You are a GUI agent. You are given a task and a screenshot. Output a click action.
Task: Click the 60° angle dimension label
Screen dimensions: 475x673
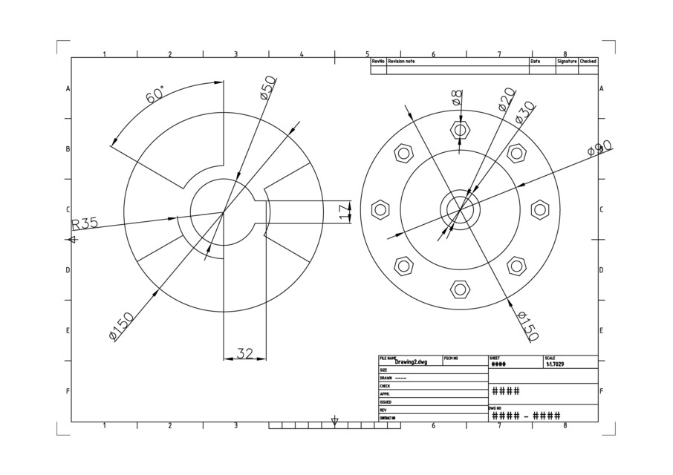point(155,94)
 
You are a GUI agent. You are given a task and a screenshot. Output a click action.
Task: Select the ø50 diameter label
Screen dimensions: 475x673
point(267,87)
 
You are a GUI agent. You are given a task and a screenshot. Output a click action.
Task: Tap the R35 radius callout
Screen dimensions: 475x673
point(85,224)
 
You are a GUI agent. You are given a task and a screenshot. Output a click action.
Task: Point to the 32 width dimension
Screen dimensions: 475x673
point(244,353)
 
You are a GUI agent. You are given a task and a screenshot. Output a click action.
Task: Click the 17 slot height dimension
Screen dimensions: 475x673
point(343,212)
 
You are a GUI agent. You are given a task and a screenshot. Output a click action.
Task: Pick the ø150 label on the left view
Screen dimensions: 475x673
point(121,327)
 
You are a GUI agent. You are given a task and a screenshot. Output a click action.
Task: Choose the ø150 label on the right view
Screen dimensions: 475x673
point(526,326)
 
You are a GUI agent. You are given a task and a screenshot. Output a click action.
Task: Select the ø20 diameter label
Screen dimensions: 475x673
point(506,99)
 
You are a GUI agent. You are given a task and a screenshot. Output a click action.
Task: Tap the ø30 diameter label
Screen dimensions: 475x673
point(524,113)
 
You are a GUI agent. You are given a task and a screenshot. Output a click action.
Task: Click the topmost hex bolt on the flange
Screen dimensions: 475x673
point(461,130)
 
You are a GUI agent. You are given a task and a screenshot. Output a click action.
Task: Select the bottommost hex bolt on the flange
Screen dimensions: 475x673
point(461,289)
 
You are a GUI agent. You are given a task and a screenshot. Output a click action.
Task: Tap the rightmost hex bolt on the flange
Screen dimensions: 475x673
point(540,209)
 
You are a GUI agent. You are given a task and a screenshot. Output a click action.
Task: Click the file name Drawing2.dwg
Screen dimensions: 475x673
point(412,362)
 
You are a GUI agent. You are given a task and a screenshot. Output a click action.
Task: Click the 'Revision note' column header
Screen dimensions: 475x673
point(401,62)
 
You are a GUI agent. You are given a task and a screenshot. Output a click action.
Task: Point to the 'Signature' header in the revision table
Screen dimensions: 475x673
point(567,62)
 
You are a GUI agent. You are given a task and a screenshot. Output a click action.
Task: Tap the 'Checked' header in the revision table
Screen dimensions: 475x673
point(588,62)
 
